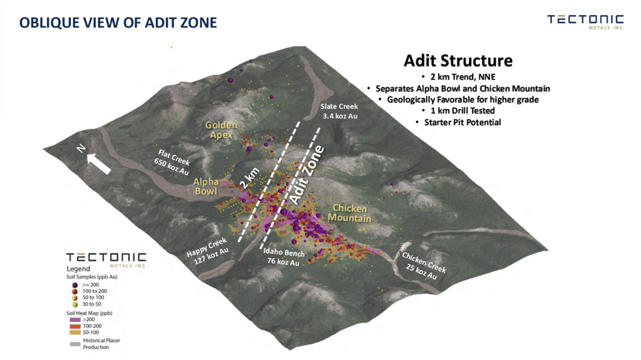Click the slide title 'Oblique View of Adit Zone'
(x=118, y=23)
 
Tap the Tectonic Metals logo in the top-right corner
(x=585, y=22)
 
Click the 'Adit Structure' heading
(x=458, y=61)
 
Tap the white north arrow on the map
(x=98, y=163)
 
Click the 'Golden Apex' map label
(x=221, y=130)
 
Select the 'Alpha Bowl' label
(x=205, y=186)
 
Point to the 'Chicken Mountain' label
(x=349, y=213)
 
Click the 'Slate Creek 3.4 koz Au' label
(x=339, y=111)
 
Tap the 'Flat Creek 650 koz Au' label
(x=172, y=162)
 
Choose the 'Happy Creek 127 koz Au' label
(x=207, y=251)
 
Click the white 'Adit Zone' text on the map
(x=307, y=175)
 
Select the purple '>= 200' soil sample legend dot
(x=75, y=285)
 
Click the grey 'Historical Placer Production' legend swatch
(x=75, y=344)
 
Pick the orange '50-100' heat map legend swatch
(x=75, y=332)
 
